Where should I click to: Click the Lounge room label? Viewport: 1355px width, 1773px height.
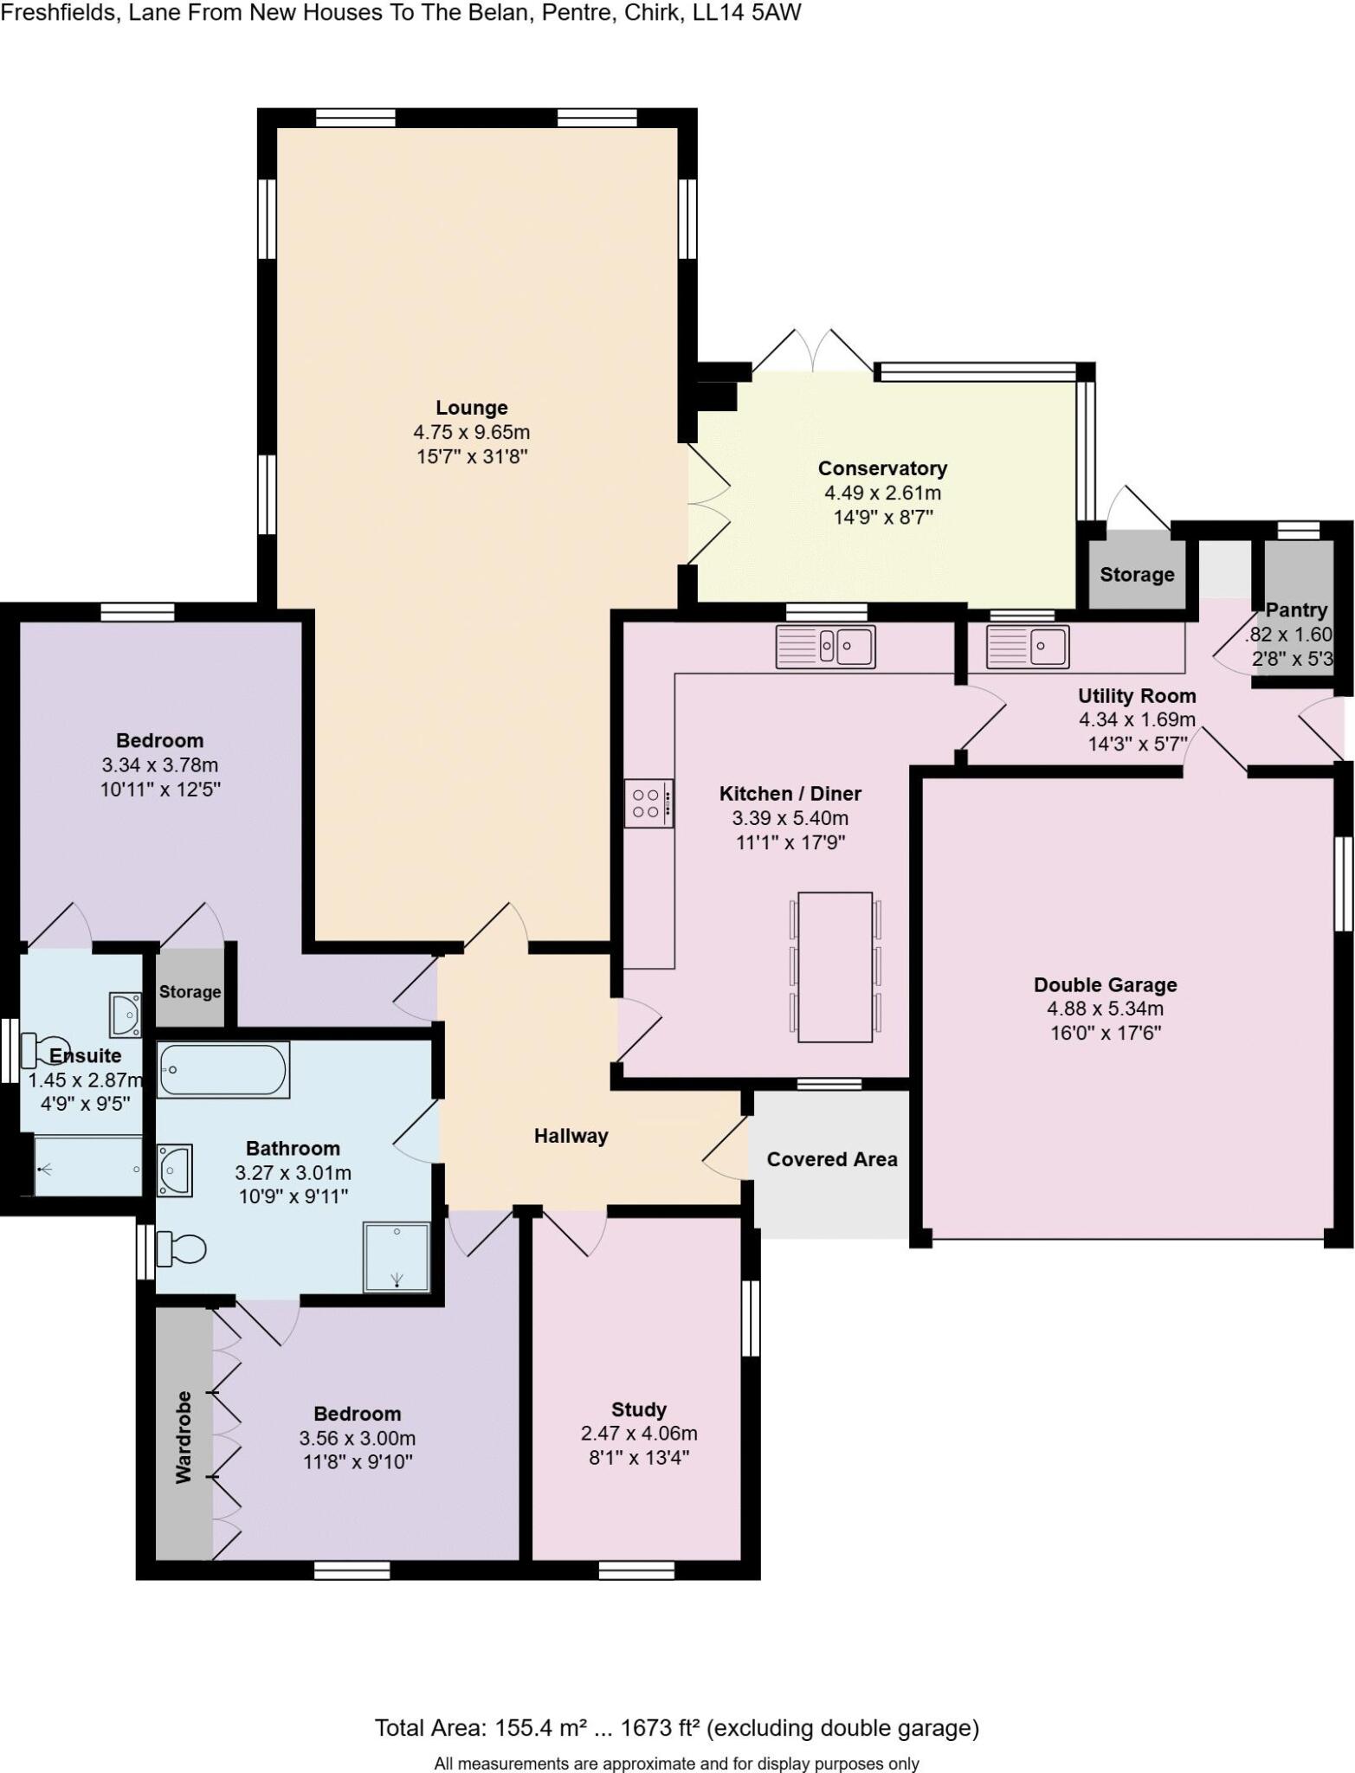click(x=471, y=408)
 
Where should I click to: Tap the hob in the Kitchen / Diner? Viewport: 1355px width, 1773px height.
click(x=648, y=803)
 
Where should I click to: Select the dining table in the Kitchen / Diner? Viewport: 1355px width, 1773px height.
click(x=835, y=966)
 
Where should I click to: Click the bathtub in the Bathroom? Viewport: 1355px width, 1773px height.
click(x=223, y=1069)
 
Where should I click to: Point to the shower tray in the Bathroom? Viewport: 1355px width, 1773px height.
click(x=397, y=1257)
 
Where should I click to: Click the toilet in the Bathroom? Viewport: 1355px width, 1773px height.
click(x=182, y=1249)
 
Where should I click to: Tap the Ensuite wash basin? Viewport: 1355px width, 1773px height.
click(x=125, y=1015)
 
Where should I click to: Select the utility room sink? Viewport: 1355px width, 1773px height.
click(x=1028, y=646)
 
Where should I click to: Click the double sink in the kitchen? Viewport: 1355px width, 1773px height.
click(x=825, y=646)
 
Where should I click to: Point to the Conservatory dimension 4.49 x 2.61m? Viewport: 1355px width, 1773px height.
click(x=881, y=493)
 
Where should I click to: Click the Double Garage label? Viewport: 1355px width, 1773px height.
click(x=1105, y=984)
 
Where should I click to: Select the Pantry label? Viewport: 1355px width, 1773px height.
click(x=1295, y=609)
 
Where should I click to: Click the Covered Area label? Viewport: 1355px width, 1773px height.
click(x=831, y=1159)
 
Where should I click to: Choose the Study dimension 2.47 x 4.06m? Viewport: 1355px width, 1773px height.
click(x=638, y=1433)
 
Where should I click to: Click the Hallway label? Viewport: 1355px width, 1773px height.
click(x=571, y=1136)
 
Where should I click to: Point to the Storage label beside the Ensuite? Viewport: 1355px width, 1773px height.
click(x=190, y=991)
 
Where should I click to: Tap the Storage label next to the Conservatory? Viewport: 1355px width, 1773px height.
click(x=1136, y=575)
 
